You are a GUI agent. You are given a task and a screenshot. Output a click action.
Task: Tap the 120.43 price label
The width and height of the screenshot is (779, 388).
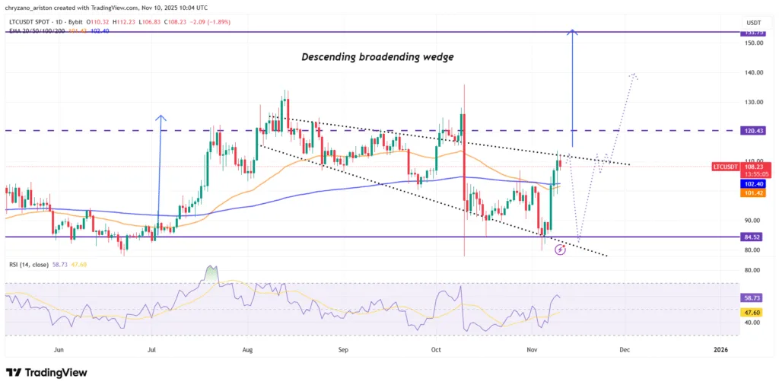(753, 131)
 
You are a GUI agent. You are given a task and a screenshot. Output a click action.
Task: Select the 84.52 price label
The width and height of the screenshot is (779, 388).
(753, 237)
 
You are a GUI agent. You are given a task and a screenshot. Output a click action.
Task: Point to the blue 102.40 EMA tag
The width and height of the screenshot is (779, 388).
(753, 183)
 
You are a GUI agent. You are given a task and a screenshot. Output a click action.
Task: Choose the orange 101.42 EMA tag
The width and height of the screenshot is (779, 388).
(753, 193)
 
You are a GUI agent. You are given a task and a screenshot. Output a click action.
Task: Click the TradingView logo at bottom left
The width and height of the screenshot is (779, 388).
(46, 373)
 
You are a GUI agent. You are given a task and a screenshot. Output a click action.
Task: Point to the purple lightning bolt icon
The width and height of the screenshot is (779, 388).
(560, 249)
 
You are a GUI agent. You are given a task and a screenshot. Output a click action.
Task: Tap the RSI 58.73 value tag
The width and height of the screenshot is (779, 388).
(753, 299)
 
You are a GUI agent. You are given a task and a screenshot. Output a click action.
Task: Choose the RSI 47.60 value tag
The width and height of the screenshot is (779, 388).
(753, 312)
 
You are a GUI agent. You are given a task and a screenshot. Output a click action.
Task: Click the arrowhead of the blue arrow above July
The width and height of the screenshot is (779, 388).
(161, 116)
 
